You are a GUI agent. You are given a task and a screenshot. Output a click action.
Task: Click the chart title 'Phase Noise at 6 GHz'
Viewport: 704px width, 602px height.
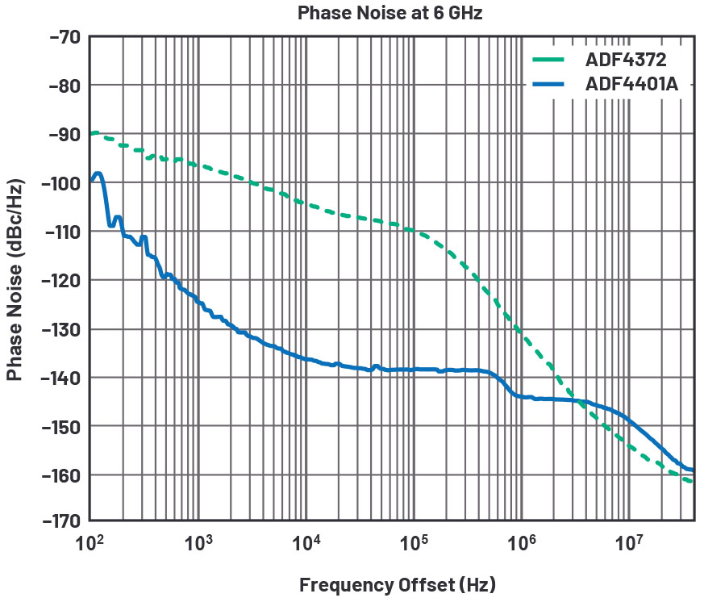click(389, 14)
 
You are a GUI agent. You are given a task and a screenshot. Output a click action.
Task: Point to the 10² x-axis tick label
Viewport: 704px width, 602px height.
click(90, 542)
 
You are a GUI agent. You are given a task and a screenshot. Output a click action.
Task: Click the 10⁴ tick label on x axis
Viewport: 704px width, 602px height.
click(306, 542)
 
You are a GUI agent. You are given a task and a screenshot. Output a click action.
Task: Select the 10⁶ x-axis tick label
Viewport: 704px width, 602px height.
click(521, 542)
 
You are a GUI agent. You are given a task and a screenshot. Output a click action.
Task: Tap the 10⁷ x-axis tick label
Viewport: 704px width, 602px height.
click(629, 542)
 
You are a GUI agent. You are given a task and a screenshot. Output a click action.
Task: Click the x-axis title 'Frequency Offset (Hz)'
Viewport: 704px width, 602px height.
click(397, 584)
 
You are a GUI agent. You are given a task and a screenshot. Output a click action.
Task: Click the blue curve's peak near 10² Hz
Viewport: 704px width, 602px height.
click(98, 173)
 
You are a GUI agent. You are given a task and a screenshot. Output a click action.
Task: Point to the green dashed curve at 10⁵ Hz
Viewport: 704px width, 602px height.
click(414, 231)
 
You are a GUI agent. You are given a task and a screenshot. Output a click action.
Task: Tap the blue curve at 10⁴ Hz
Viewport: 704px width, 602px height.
click(306, 359)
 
